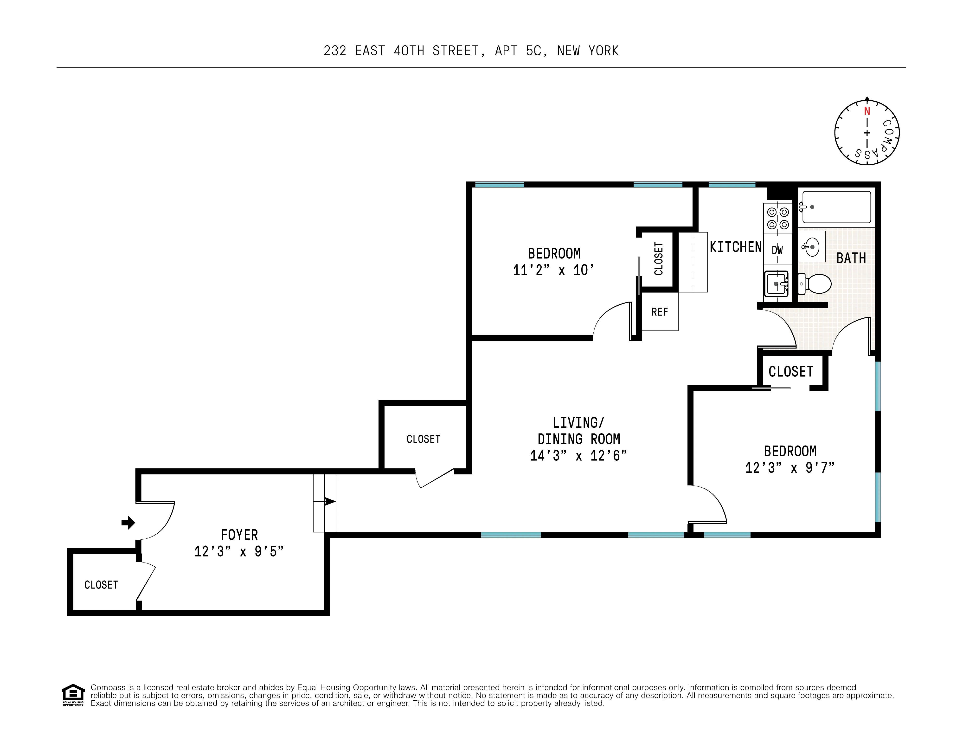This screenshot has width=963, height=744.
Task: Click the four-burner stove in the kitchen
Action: [778, 218]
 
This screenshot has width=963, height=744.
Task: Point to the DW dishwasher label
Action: [777, 250]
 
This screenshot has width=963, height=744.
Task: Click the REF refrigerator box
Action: [660, 312]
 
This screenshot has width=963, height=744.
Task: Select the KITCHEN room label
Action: [735, 247]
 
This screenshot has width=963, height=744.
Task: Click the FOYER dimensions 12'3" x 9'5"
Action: [239, 551]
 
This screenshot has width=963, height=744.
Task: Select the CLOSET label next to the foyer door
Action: [101, 585]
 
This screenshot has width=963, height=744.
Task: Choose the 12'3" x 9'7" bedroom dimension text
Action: [790, 467]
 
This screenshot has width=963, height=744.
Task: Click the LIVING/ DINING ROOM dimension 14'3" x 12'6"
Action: [578, 456]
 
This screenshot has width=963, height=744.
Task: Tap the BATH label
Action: [851, 258]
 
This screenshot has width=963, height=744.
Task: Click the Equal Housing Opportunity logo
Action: [73, 695]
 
